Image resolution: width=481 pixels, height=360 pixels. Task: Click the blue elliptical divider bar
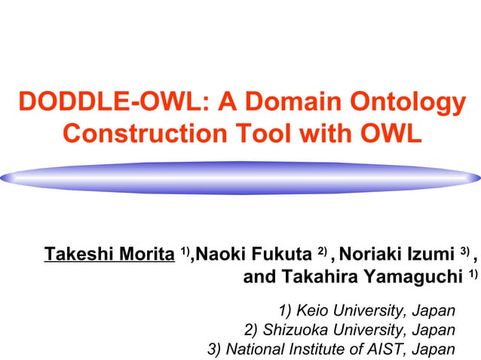click(240, 178)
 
